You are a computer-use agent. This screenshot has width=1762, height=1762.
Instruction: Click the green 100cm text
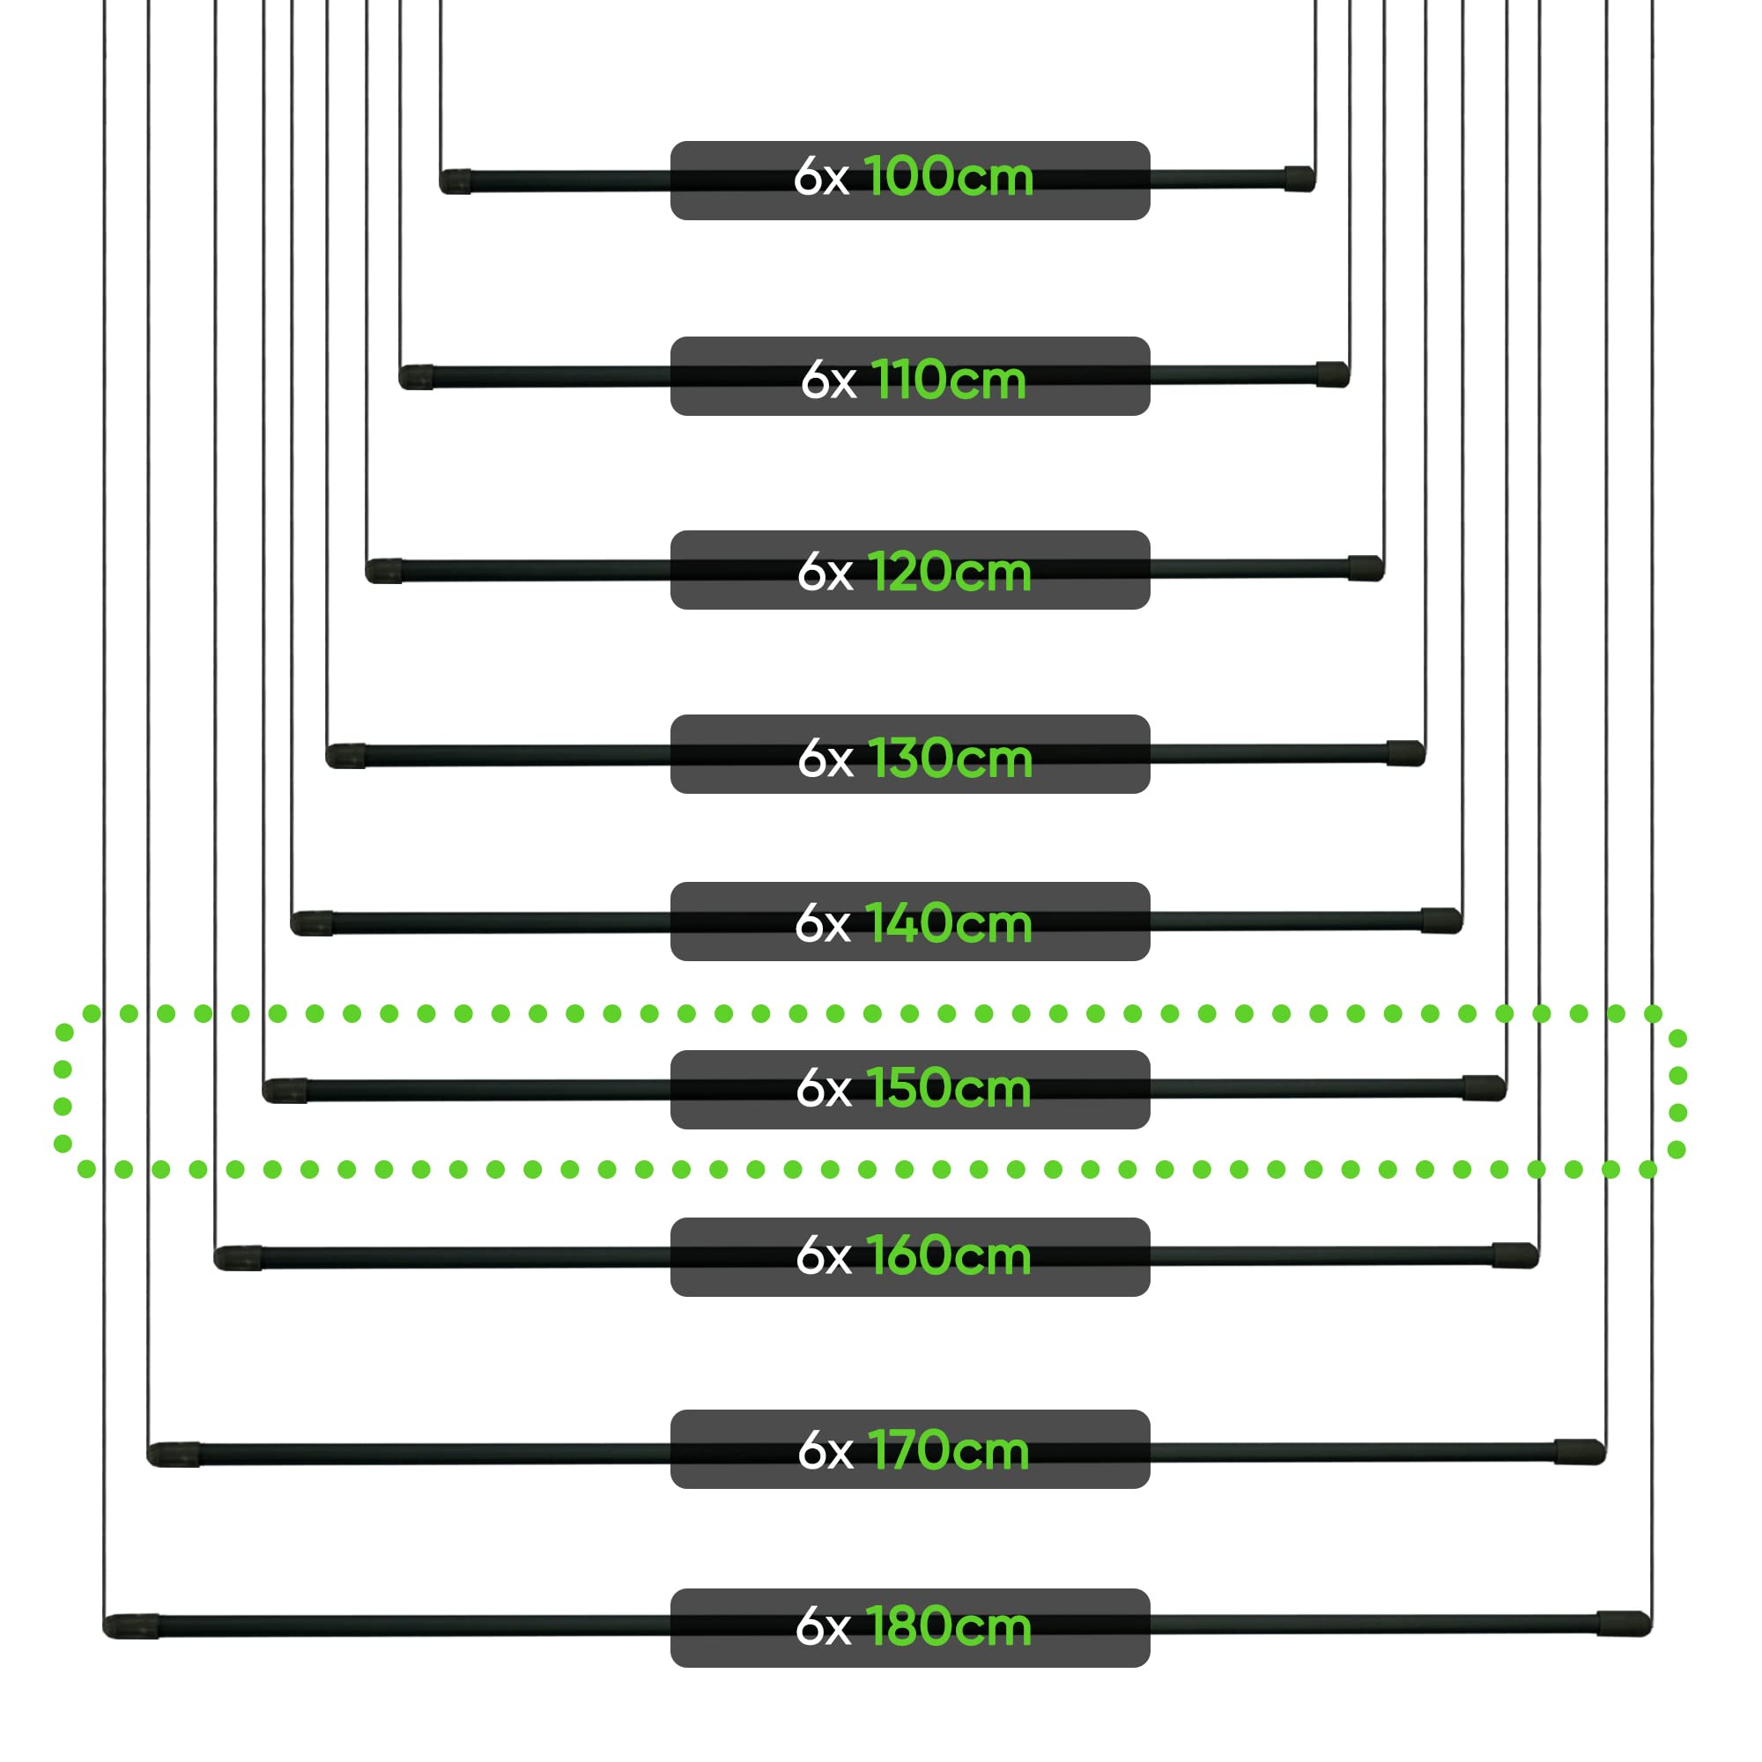point(949,176)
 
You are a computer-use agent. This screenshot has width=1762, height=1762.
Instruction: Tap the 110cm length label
point(949,380)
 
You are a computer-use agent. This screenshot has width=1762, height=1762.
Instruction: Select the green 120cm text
point(950,572)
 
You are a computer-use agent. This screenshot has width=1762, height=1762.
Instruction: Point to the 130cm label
point(951,758)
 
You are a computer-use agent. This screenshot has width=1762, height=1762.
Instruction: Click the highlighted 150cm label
point(949,1088)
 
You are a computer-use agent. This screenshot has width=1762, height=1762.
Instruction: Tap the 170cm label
point(949,1449)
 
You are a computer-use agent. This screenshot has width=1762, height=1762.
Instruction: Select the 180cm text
point(949,1626)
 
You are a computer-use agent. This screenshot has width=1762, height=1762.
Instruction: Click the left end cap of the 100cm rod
point(455,181)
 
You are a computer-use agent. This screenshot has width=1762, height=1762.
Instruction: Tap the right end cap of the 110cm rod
point(1332,374)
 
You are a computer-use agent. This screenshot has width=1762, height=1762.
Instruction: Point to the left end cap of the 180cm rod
point(130,1626)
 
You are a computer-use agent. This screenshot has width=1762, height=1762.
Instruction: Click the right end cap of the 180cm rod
point(1625,1624)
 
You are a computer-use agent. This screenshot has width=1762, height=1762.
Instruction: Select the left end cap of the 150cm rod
point(285,1091)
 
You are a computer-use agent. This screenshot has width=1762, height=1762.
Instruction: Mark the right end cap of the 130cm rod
point(1406,752)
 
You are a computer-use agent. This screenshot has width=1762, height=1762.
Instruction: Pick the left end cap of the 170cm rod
point(174,1455)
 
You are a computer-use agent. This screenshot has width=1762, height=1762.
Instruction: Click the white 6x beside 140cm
point(822,924)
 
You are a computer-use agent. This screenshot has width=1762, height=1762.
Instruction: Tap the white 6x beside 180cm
point(823,1627)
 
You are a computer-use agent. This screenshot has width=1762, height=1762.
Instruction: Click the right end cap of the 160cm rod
point(1515,1255)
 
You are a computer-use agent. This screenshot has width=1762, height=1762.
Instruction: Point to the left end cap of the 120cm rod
point(384,571)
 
